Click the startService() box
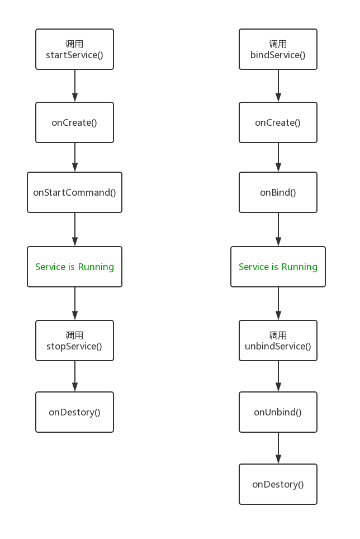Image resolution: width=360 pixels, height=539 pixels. click(74, 50)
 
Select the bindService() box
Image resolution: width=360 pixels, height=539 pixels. click(278, 50)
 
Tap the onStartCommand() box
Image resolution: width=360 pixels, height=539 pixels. click(74, 192)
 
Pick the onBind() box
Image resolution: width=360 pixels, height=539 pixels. click(278, 192)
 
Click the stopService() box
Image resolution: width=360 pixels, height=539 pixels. click(74, 341)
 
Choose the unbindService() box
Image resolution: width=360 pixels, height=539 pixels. click(278, 341)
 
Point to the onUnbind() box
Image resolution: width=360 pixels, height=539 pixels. click(278, 412)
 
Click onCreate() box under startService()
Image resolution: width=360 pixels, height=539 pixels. click(74, 122)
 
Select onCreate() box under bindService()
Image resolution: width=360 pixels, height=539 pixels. click(278, 122)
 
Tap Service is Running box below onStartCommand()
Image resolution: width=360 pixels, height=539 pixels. click(74, 267)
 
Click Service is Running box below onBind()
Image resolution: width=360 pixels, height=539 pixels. click(278, 267)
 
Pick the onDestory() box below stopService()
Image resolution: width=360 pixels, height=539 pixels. click(74, 412)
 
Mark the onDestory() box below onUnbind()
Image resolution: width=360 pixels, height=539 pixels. click(278, 484)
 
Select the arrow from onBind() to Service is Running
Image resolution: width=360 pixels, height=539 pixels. click(278, 230)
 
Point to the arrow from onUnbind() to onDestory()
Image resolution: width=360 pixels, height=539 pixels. click(278, 448)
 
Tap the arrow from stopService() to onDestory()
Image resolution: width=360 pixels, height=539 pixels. click(74, 376)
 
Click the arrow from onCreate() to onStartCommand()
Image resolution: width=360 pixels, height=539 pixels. click(74, 157)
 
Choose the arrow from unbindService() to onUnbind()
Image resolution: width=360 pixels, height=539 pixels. click(278, 376)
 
